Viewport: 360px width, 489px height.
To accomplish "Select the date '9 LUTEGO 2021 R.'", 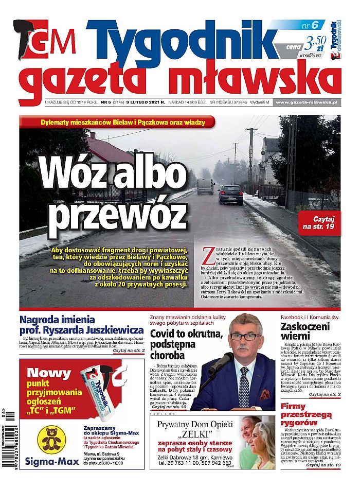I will [x=146, y=102].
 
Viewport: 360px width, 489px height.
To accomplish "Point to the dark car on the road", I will [x=230, y=195].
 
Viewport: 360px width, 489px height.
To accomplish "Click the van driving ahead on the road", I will [x=205, y=186].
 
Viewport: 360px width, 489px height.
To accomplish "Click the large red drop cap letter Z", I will [x=208, y=255].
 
